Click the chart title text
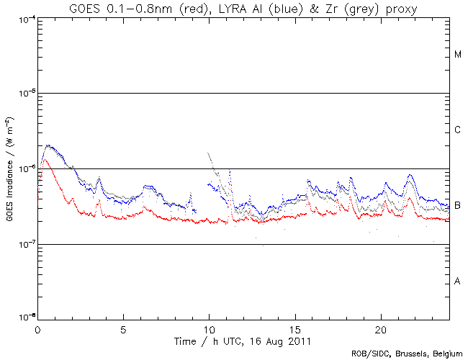pyautogui.click(x=243, y=8)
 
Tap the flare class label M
pyautogui.click(x=458, y=55)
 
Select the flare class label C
pyautogui.click(x=458, y=130)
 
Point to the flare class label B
pyautogui.click(x=458, y=206)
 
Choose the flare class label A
pyautogui.click(x=458, y=281)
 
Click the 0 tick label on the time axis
pyautogui.click(x=37, y=328)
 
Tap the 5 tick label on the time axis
pyautogui.click(x=123, y=328)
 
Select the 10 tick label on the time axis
pyautogui.click(x=209, y=328)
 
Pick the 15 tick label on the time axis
pyautogui.click(x=294, y=328)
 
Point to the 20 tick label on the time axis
pyautogui.click(x=380, y=328)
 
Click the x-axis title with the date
pyautogui.click(x=243, y=339)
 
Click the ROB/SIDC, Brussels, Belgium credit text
pyautogui.click(x=407, y=354)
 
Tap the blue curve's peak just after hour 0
pyautogui.click(x=48, y=145)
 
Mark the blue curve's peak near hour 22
pyautogui.click(x=410, y=175)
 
